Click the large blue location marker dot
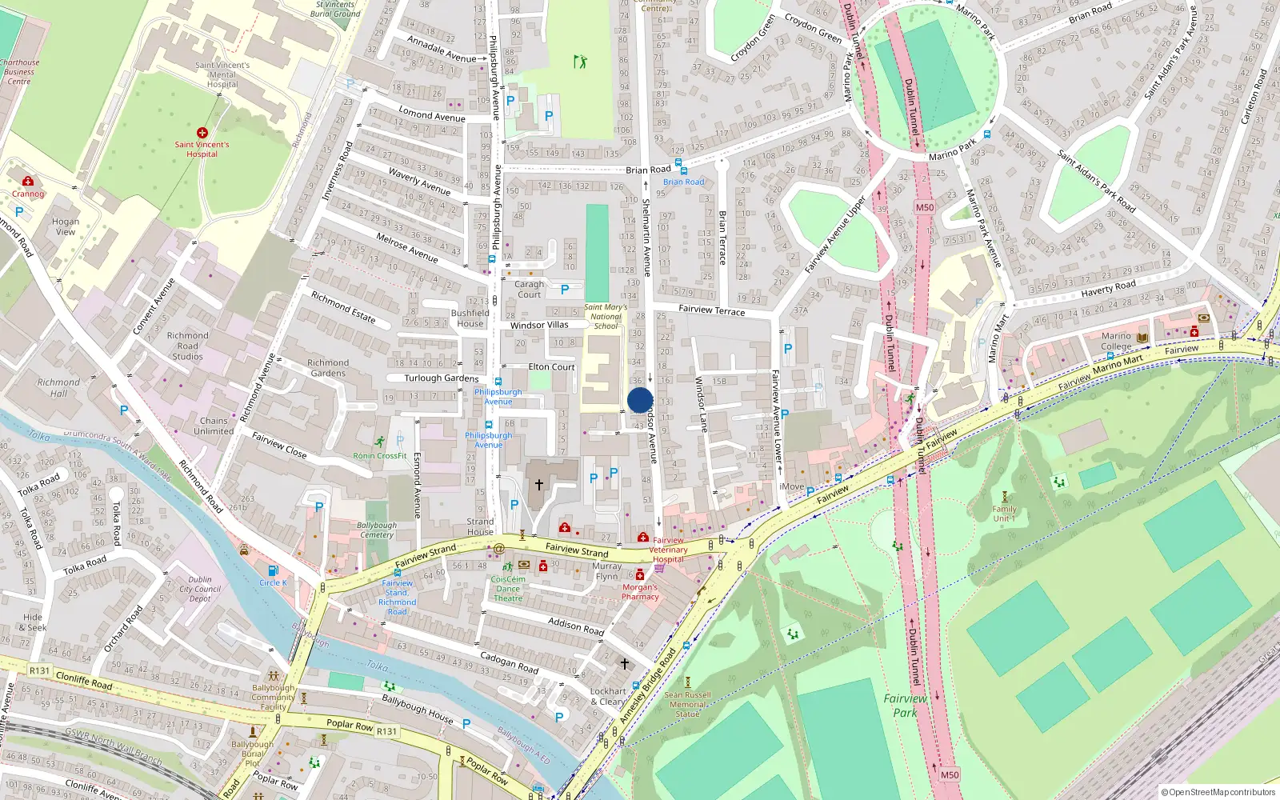(640, 400)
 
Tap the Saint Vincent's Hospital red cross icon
(202, 133)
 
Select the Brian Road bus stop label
(683, 182)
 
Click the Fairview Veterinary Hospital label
(668, 550)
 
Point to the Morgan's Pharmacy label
(640, 592)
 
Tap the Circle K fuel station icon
(273, 570)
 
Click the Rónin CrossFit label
(380, 456)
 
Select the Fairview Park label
(905, 706)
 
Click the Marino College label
(1116, 342)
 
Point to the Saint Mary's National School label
(606, 316)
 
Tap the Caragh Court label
(529, 289)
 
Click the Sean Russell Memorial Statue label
(687, 704)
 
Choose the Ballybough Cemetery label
(377, 530)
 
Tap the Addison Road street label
(576, 626)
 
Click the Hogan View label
(66, 226)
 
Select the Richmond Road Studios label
(188, 346)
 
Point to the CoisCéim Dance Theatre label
(508, 589)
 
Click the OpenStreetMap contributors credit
(1218, 792)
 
